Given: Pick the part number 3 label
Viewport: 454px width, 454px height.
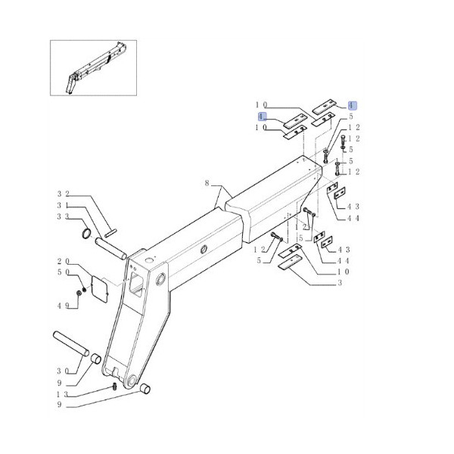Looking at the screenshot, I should pos(340,283).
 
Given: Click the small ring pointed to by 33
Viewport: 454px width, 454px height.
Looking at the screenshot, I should pos(87,232).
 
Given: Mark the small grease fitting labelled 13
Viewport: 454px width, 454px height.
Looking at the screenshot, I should pos(113,387).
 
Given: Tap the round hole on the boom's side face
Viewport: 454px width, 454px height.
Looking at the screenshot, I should pos(203,250).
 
